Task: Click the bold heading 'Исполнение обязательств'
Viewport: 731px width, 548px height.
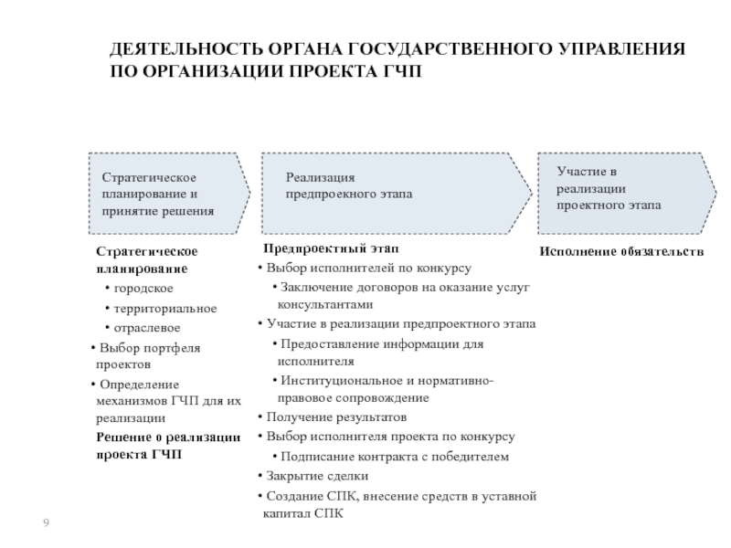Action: point(621,250)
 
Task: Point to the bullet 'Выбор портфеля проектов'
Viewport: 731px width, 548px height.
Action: point(146,355)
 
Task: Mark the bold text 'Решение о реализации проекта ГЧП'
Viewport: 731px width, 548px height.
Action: point(168,445)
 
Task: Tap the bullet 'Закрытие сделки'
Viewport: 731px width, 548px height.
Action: point(314,476)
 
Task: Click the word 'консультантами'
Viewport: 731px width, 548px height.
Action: point(325,305)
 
